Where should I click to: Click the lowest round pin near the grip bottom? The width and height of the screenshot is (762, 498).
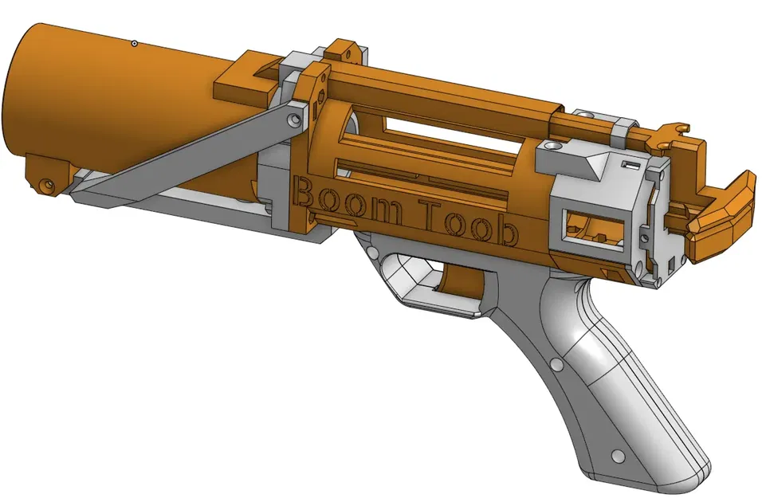pyautogui.click(x=615, y=457)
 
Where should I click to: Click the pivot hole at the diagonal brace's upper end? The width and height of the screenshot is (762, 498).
pyautogui.click(x=296, y=120)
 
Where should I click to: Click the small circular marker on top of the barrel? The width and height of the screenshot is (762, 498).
pyautogui.click(x=135, y=43)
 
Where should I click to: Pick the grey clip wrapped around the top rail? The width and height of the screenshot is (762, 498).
pyautogui.click(x=622, y=128)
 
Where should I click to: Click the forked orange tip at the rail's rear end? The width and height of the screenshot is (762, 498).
pyautogui.click(x=679, y=128)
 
